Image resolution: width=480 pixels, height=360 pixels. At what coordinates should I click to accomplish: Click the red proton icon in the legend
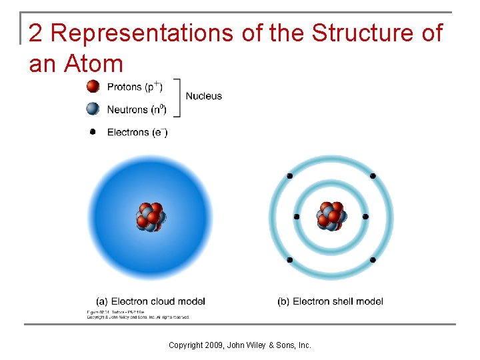[x=93, y=87]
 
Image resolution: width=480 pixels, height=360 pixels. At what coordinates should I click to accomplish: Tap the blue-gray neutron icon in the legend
[x=93, y=109]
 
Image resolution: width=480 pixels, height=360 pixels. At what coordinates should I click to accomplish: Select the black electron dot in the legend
[x=93, y=132]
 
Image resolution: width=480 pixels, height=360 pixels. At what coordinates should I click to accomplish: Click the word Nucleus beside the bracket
[x=204, y=96]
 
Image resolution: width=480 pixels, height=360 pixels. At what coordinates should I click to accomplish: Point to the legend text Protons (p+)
[x=134, y=87]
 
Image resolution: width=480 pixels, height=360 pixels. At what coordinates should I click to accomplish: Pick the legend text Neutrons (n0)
[x=137, y=109]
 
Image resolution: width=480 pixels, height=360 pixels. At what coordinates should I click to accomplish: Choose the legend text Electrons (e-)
[x=137, y=132]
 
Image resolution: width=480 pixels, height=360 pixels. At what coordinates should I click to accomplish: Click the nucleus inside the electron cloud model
[x=151, y=217]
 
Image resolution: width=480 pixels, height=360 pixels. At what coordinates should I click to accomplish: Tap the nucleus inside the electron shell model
[x=331, y=217]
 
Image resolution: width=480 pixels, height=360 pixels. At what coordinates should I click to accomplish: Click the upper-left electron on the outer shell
[x=289, y=176]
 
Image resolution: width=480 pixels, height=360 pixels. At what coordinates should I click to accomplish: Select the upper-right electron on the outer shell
[x=373, y=176]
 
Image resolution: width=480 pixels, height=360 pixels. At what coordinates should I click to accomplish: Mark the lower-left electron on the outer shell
[x=289, y=259]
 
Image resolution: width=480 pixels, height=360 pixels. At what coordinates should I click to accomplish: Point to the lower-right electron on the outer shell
[x=373, y=259]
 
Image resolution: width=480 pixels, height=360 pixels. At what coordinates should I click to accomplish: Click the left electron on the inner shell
[x=297, y=217]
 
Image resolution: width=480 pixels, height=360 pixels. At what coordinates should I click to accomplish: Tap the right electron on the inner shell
[x=365, y=217]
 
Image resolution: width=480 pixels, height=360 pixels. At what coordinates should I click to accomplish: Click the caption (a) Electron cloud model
[x=151, y=301]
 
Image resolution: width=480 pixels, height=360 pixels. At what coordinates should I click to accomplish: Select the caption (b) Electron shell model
[x=330, y=301]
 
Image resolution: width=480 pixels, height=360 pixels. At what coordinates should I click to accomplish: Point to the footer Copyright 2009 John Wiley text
[x=239, y=345]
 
